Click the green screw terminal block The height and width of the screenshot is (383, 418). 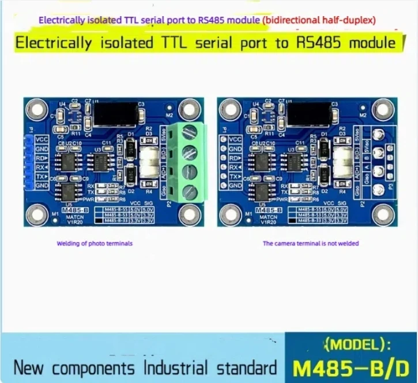pos(189,162)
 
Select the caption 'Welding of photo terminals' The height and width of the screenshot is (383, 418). pos(95,244)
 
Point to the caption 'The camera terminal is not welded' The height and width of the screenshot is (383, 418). pos(311,244)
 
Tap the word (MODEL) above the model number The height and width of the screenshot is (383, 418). pos(357,345)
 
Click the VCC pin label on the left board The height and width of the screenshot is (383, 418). pos(42,139)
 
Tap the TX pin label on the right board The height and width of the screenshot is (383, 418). pos(235,176)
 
